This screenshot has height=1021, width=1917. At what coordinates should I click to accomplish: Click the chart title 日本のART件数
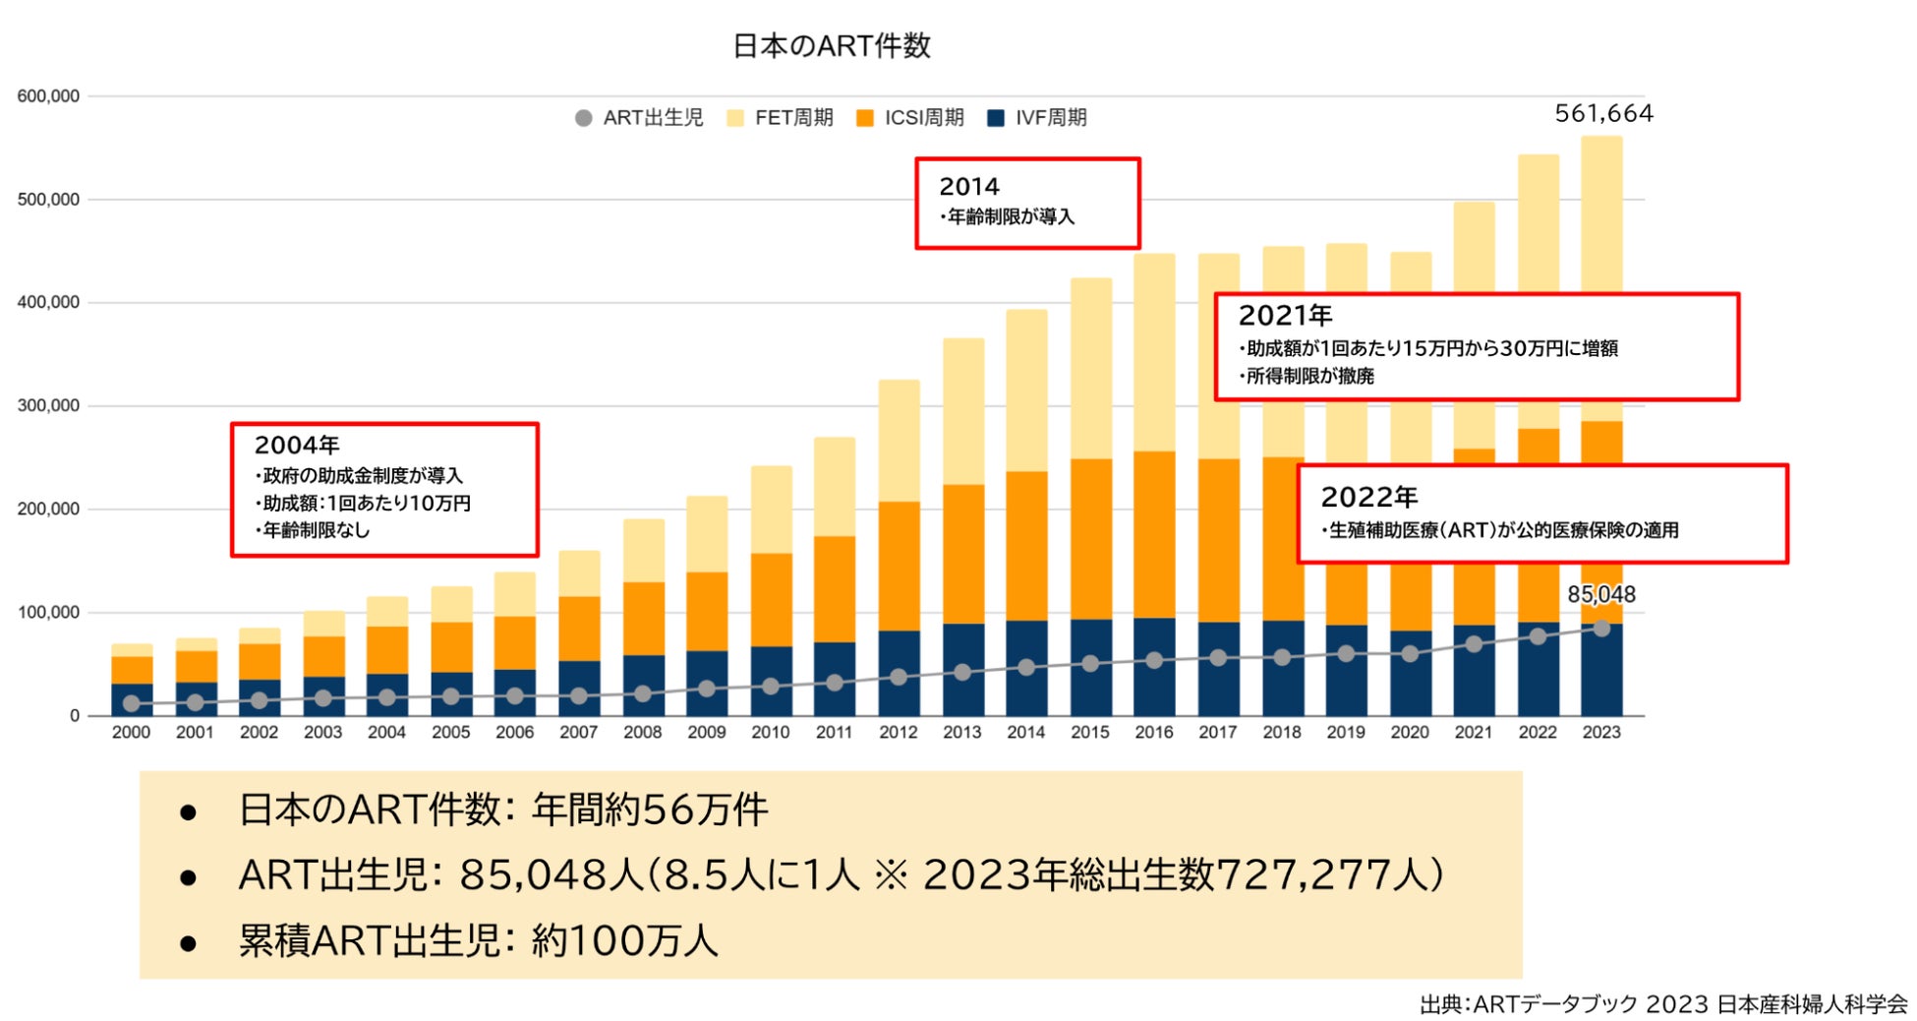pyautogui.click(x=831, y=46)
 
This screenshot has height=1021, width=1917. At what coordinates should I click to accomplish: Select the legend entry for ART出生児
pyautogui.click(x=639, y=118)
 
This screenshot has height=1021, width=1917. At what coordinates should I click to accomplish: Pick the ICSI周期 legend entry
pyautogui.click(x=909, y=118)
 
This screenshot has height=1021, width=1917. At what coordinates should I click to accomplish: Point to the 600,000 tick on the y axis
pyautogui.click(x=48, y=96)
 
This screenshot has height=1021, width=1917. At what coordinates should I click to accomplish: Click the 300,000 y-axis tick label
pyautogui.click(x=48, y=405)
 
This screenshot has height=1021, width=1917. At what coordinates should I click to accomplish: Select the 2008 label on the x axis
pyautogui.click(x=642, y=732)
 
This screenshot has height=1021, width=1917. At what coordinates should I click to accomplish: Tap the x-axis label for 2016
pyautogui.click(x=1153, y=732)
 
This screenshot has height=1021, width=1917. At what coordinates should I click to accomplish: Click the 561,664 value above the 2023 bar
pyautogui.click(x=1603, y=114)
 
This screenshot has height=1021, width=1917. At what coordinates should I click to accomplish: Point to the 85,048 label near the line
pyautogui.click(x=1600, y=594)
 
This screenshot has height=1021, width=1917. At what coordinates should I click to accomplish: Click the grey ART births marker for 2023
pyautogui.click(x=1601, y=629)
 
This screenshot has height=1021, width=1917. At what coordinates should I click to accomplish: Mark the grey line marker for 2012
pyautogui.click(x=899, y=677)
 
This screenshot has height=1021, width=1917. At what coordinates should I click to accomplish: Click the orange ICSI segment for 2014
pyautogui.click(x=1026, y=546)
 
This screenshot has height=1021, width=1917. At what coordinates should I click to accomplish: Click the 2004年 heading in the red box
pyautogui.click(x=296, y=445)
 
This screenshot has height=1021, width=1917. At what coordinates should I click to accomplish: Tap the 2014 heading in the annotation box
pyautogui.click(x=968, y=186)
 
